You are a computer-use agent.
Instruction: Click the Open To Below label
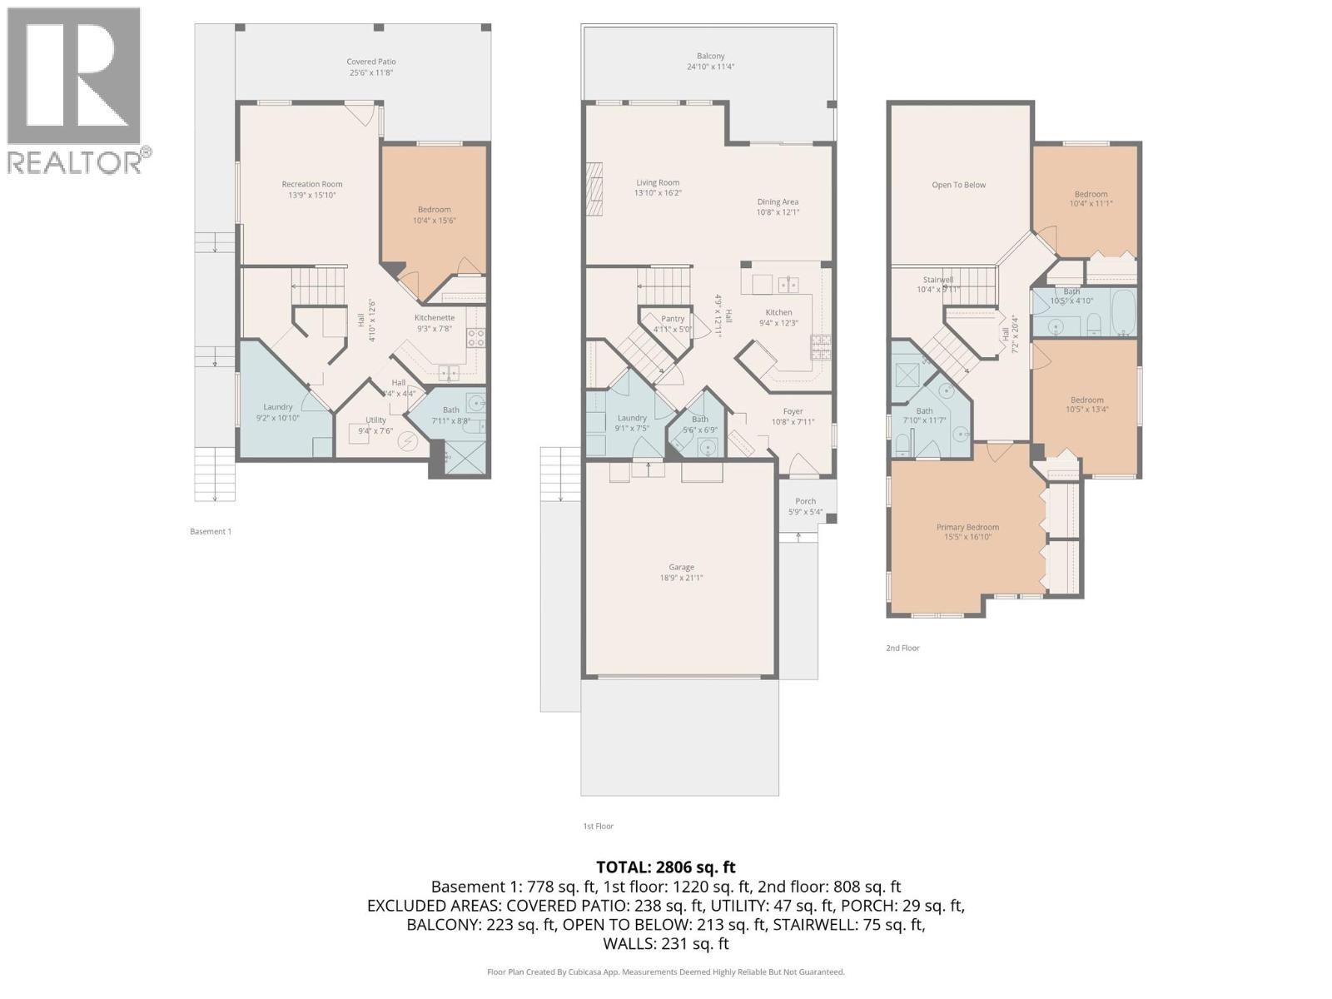click(958, 185)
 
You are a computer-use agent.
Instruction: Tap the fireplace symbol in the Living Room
click(593, 189)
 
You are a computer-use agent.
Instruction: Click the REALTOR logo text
click(75, 162)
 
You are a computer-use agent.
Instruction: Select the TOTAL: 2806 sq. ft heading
click(666, 867)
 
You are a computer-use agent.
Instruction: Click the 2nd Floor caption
click(902, 648)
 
